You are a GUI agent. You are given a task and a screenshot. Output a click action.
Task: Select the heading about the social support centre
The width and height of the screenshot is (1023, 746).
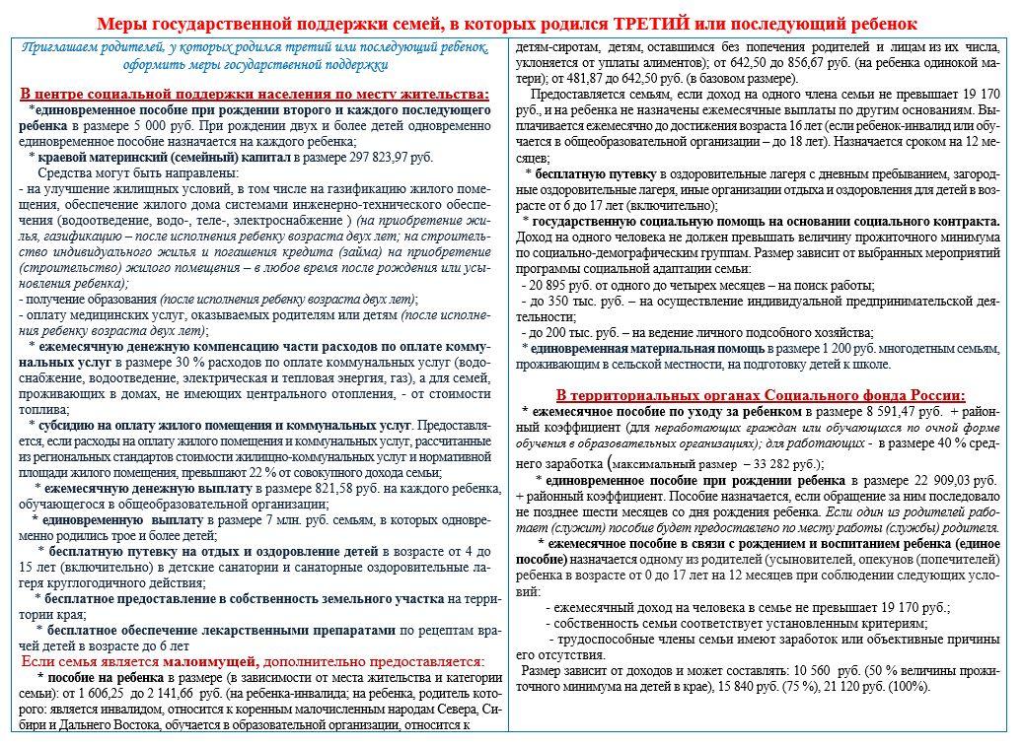point(254,94)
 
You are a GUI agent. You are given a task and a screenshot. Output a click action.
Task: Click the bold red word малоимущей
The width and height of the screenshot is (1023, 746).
point(212,661)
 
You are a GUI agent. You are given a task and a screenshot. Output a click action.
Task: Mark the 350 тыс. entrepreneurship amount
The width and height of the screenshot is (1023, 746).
point(579,301)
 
